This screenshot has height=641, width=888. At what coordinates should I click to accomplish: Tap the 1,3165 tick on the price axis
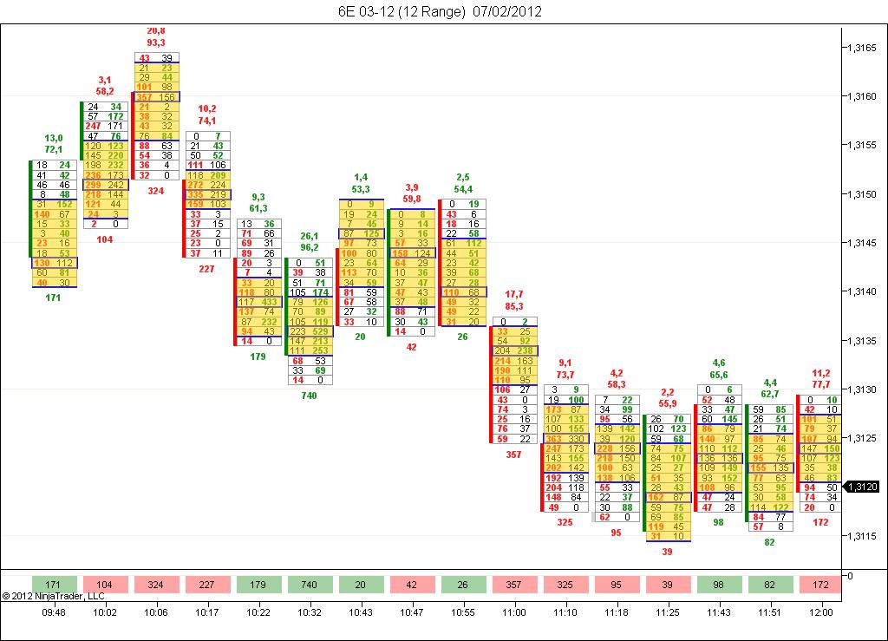(862, 49)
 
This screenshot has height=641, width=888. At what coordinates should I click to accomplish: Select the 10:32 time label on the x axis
(309, 612)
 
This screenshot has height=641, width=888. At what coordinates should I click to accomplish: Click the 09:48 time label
(54, 612)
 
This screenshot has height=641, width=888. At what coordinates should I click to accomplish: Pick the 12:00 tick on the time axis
(820, 612)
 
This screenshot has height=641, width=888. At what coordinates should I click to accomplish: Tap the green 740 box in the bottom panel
(309, 585)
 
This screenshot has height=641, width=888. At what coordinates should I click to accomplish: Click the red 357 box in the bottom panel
(514, 585)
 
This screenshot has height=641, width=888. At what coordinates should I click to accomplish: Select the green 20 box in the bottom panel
(360, 585)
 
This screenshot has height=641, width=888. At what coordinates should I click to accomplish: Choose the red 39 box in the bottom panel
(667, 585)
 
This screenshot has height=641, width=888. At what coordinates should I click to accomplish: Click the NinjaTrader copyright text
(53, 596)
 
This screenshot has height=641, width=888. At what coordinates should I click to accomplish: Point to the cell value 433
(268, 302)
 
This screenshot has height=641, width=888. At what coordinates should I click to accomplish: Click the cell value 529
(320, 331)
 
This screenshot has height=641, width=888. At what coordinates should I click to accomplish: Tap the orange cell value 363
(553, 439)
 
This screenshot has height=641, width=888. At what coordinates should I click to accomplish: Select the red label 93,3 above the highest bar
(156, 42)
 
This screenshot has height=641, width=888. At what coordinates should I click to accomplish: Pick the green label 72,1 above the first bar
(54, 149)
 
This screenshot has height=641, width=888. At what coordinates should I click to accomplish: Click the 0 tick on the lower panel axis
(850, 575)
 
